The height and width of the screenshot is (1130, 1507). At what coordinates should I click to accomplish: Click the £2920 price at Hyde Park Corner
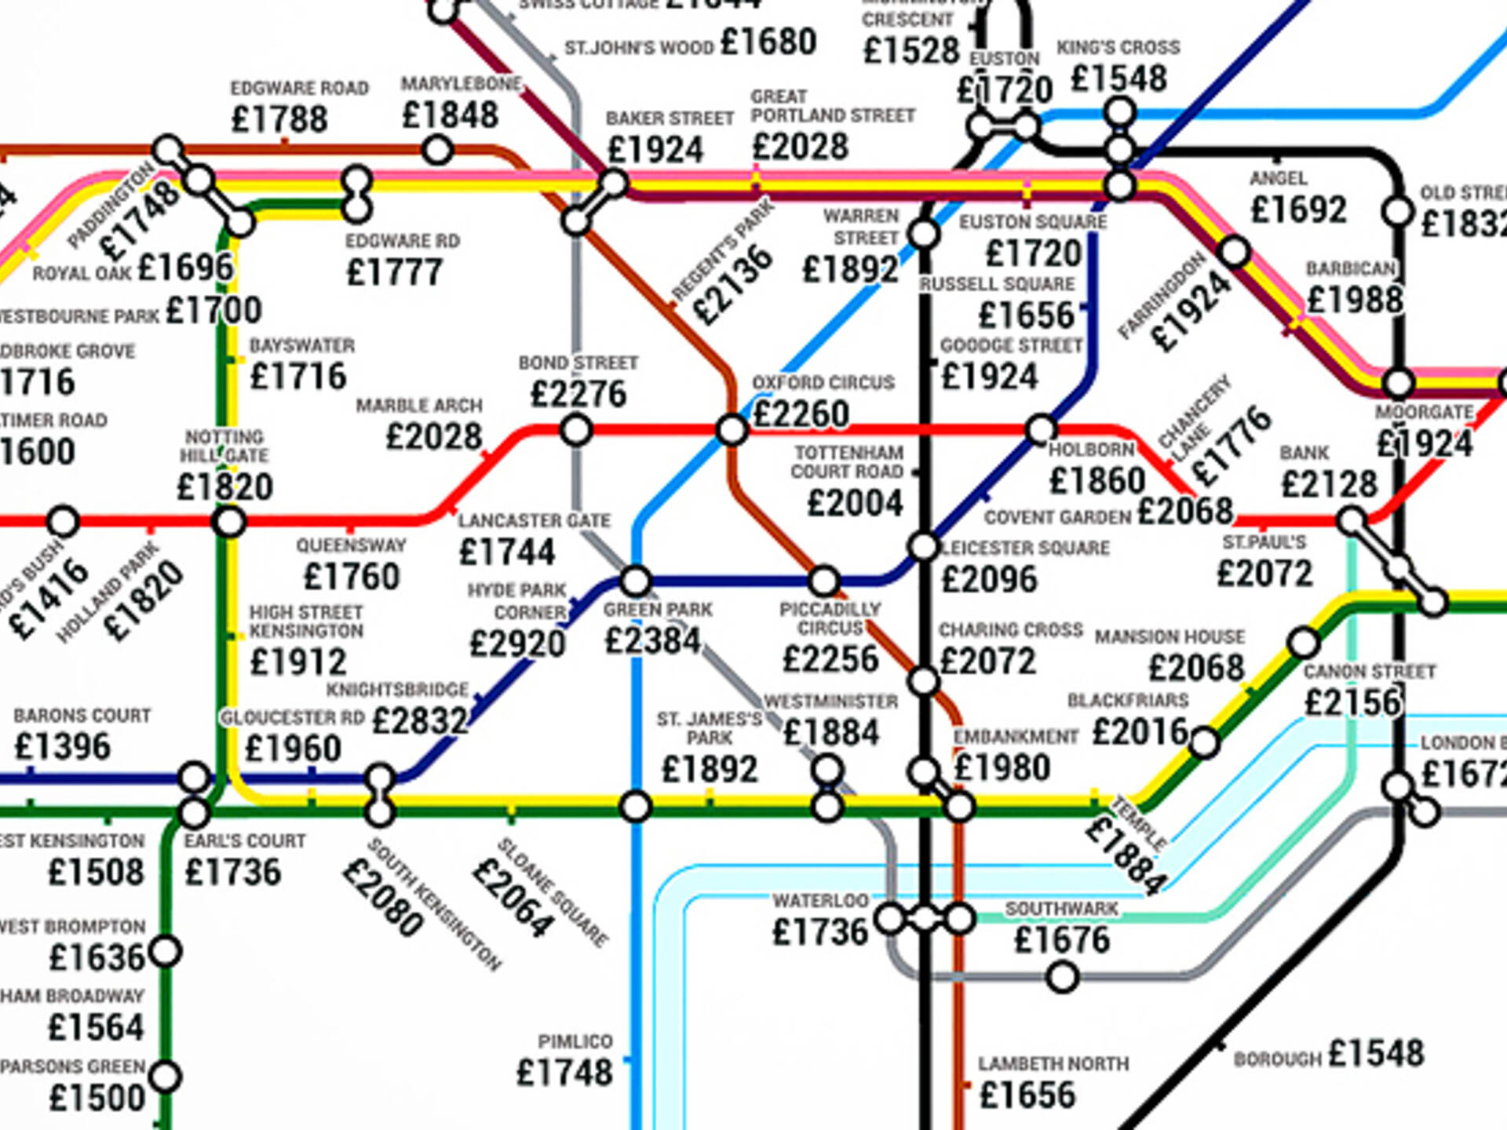pos(517,644)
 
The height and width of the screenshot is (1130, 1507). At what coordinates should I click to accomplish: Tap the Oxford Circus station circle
pos(732,430)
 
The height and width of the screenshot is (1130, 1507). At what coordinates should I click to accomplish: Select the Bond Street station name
pos(578,363)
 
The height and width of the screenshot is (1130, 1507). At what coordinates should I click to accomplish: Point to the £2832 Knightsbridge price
pos(419,720)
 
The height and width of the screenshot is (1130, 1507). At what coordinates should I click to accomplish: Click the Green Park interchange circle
pos(635,581)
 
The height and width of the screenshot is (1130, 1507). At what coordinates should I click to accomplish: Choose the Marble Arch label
pos(419,406)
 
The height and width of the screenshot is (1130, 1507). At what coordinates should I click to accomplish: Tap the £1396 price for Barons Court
pos(63,746)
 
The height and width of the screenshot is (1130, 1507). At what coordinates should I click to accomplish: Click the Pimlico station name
pos(575,1041)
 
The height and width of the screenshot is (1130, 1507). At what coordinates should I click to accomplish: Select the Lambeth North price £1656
pos(1027,1095)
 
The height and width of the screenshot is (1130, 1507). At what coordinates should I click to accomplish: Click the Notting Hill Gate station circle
pos(229,522)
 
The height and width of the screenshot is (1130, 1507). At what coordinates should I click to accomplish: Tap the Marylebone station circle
pos(437,149)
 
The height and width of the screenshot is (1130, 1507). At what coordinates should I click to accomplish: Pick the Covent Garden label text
pos(1057,518)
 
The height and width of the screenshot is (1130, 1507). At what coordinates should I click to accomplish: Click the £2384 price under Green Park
pos(652,641)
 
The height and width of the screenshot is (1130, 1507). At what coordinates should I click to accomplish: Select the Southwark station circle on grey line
pos(1063,978)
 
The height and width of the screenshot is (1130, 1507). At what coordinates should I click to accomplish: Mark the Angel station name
pos(1279,179)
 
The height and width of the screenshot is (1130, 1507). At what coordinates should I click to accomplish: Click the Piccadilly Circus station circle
pos(823,581)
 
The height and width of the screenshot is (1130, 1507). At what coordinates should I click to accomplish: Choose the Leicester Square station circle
pos(924,547)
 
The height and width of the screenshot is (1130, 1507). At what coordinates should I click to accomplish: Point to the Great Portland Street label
pos(832,106)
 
